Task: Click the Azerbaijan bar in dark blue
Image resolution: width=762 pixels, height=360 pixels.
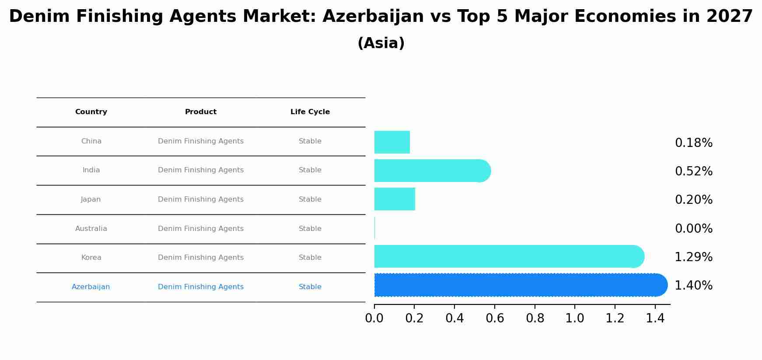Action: pyautogui.click(x=521, y=285)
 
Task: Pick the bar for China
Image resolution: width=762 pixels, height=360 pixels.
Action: pyautogui.click(x=392, y=142)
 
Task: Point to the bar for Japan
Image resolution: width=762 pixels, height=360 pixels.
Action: pyautogui.click(x=395, y=199)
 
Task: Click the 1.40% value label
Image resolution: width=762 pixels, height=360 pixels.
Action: pyautogui.click(x=693, y=286)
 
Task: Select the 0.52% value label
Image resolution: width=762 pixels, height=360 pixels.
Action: pyautogui.click(x=693, y=171)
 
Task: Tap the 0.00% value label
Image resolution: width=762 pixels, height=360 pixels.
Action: pyautogui.click(x=693, y=229)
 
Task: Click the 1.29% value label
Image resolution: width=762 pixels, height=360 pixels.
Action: pyautogui.click(x=693, y=257)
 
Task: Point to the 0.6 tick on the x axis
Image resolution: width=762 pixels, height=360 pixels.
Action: pyautogui.click(x=495, y=318)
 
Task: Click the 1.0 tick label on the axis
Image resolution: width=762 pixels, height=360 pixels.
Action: pyautogui.click(x=575, y=318)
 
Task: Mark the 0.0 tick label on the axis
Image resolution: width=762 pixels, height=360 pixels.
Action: pyautogui.click(x=374, y=318)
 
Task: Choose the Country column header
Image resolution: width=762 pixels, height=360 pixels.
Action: pyautogui.click(x=91, y=112)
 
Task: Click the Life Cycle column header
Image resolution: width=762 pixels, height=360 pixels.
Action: pyautogui.click(x=310, y=112)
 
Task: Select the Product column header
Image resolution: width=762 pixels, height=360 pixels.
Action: pyautogui.click(x=201, y=112)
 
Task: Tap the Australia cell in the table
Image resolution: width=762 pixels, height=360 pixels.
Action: pyautogui.click(x=91, y=229)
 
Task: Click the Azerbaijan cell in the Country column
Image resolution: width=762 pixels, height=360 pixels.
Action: pyautogui.click(x=91, y=287)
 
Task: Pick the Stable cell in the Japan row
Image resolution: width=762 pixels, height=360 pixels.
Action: pyautogui.click(x=310, y=199)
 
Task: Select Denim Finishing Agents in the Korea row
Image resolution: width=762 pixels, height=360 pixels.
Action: pyautogui.click(x=201, y=258)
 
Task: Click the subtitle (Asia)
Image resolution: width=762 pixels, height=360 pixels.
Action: pyautogui.click(x=381, y=43)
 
